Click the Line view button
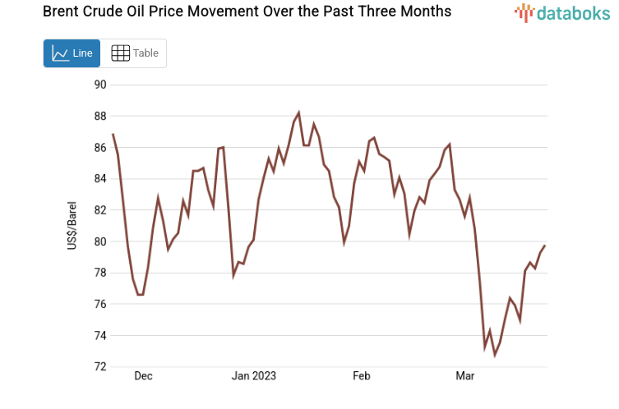pos(72,53)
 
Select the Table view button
pos(134,53)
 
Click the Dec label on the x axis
pos(143,376)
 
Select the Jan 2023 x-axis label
pos(254,376)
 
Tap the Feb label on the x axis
pos(362,376)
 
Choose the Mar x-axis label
pos(465,376)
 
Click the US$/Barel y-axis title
pos(73,225)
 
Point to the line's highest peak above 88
pos(298,113)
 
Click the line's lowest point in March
pos(495,355)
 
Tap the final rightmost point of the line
pos(544,246)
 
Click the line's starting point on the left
pos(113,134)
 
